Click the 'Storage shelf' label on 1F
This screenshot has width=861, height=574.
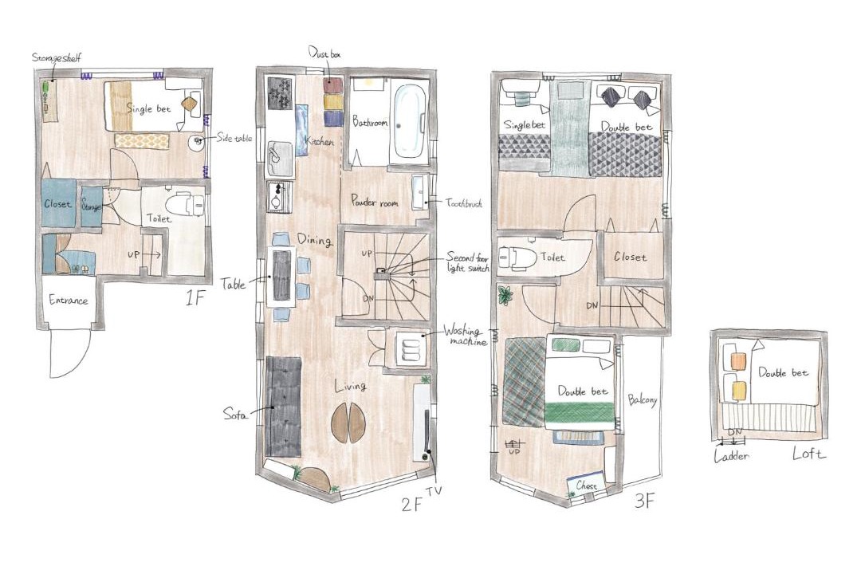[56, 57]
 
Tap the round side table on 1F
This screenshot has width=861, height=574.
[197, 142]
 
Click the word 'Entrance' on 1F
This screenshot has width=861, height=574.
[68, 301]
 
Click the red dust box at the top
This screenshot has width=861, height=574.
[332, 85]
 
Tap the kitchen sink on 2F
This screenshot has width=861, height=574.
[280, 155]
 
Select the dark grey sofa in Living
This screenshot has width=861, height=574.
[283, 407]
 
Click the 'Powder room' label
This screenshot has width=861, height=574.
[375, 201]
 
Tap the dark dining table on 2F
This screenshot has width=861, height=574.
[281, 275]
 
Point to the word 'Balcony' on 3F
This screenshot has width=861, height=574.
[643, 399]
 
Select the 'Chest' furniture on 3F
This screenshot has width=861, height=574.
[586, 485]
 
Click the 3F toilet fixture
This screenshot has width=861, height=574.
[517, 258]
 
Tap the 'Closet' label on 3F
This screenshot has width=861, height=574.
[630, 257]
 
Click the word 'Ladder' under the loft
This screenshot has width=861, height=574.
[731, 456]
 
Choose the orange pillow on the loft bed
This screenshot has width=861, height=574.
[739, 361]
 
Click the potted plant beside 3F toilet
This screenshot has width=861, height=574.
[505, 295]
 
